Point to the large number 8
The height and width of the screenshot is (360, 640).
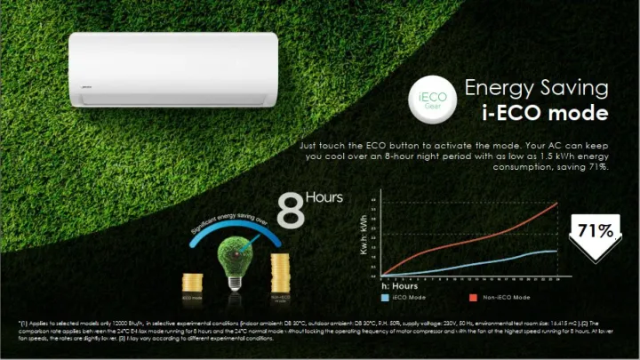(289, 212)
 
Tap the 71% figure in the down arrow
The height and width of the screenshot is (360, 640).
(596, 231)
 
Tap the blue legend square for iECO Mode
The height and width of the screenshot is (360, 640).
(384, 296)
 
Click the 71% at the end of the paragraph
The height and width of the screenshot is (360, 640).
(596, 166)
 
